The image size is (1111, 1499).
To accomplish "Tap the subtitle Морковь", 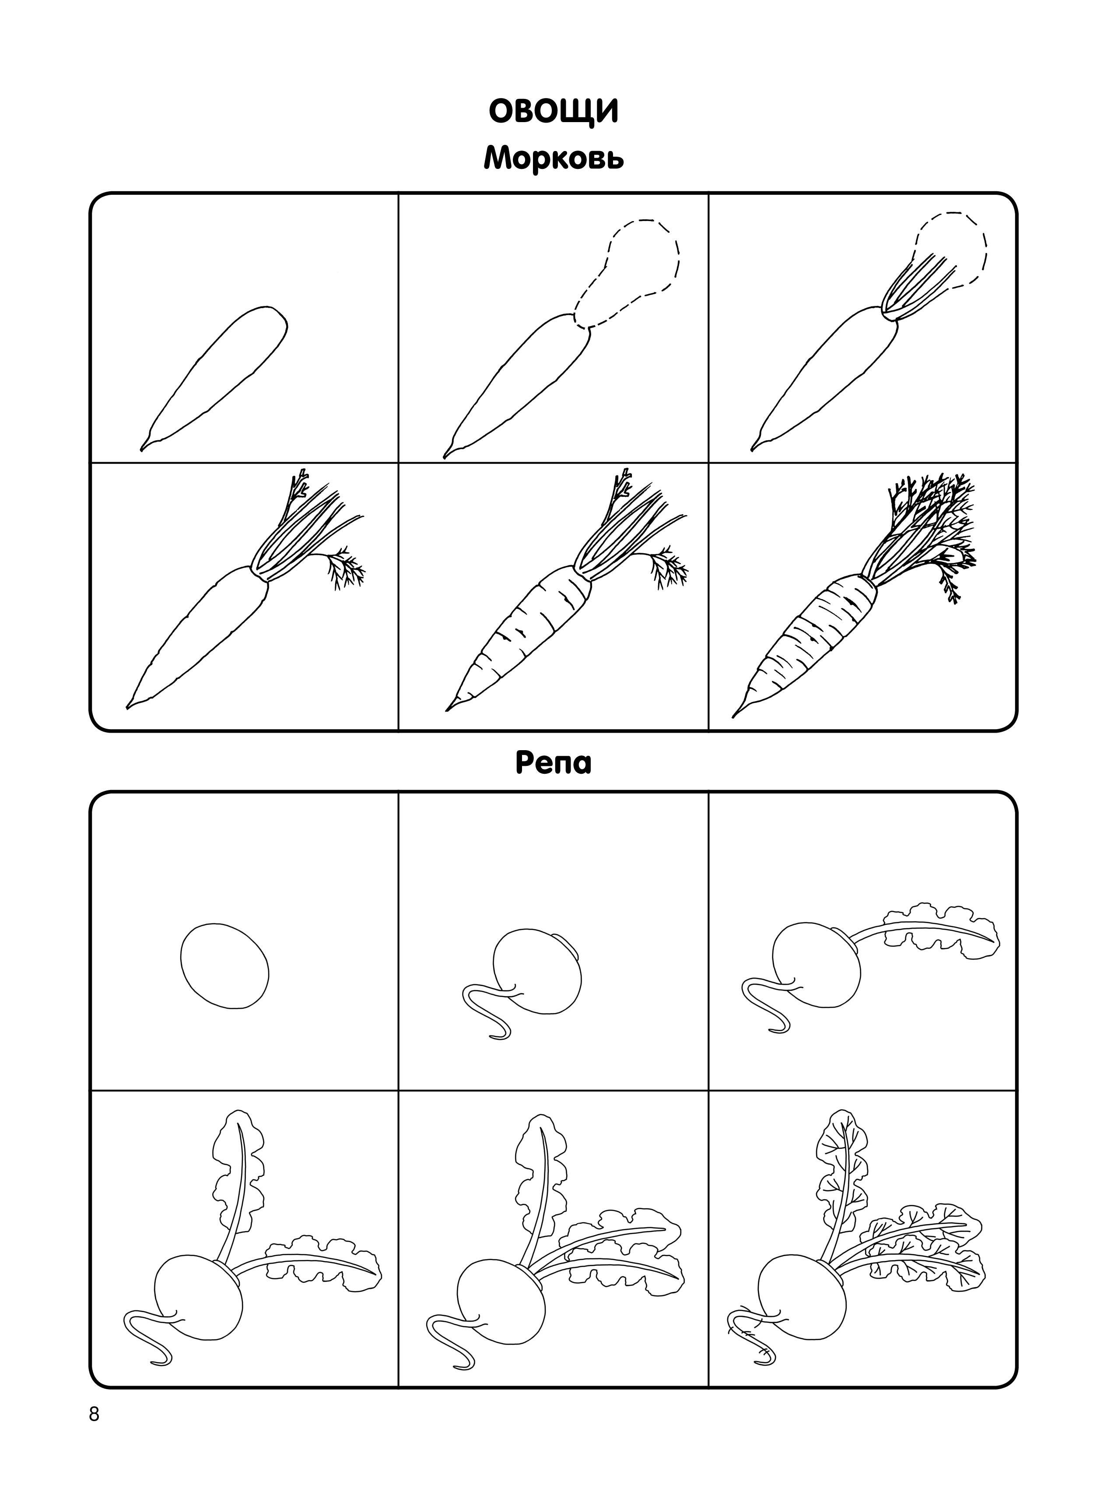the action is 554,159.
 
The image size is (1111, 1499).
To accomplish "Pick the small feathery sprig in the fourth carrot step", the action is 344,567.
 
